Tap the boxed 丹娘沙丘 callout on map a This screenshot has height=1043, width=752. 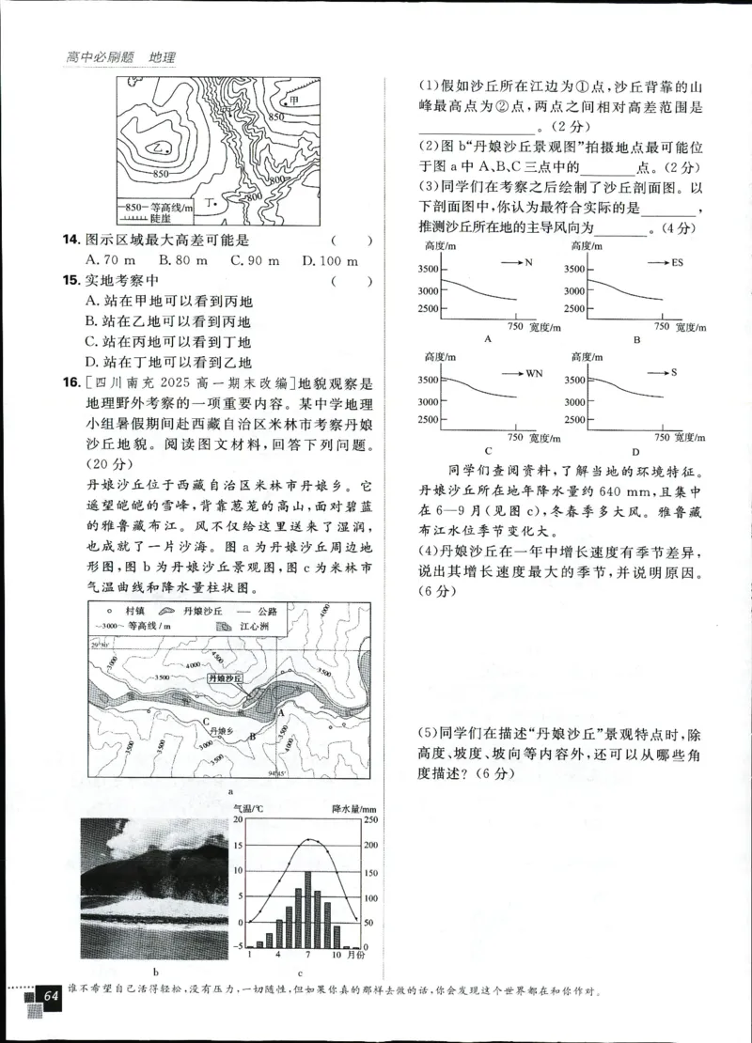pyautogui.click(x=222, y=677)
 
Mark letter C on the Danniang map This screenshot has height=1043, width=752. pyautogui.click(x=204, y=721)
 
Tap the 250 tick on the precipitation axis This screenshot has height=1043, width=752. pyautogui.click(x=367, y=820)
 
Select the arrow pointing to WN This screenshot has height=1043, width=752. pyautogui.click(x=505, y=373)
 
